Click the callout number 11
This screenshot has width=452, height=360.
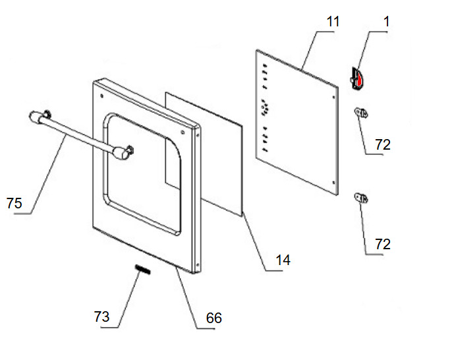pyautogui.click(x=333, y=22)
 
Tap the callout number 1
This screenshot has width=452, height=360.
pyautogui.click(x=387, y=21)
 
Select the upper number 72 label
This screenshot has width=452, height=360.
pyautogui.click(x=382, y=145)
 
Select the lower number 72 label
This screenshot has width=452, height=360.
pyautogui.click(x=382, y=245)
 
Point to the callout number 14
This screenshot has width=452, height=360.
pyautogui.click(x=283, y=260)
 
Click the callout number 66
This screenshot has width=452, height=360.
pyautogui.click(x=213, y=318)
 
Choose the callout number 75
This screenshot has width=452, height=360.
pyautogui.click(x=14, y=203)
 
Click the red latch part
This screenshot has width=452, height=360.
pyautogui.click(x=360, y=78)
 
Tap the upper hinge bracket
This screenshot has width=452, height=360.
pyautogui.click(x=362, y=113)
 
